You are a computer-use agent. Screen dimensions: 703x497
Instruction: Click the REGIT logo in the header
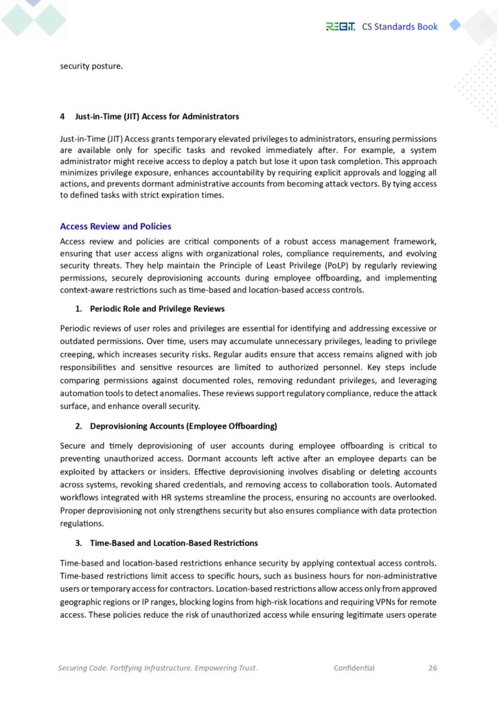[x=340, y=27]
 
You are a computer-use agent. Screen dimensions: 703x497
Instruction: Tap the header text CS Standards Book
[x=400, y=27]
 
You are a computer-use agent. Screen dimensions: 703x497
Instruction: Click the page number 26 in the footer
[x=432, y=667]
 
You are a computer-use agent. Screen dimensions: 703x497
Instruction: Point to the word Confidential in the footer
[x=354, y=667]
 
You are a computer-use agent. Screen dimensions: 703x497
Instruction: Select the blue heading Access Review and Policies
[x=115, y=227]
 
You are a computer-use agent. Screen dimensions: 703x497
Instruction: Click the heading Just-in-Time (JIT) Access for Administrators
[x=157, y=116]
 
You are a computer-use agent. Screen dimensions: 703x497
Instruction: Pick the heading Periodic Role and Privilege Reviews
[x=157, y=308]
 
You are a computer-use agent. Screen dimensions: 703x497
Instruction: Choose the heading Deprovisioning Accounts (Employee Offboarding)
[x=183, y=426]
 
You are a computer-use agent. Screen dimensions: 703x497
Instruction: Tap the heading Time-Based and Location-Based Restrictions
[x=174, y=543]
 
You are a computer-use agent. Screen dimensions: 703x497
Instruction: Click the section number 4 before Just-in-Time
[x=62, y=116]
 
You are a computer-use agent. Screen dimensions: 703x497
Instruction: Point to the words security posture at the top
[x=91, y=67]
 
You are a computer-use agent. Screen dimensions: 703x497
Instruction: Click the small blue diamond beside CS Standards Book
[x=454, y=25]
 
